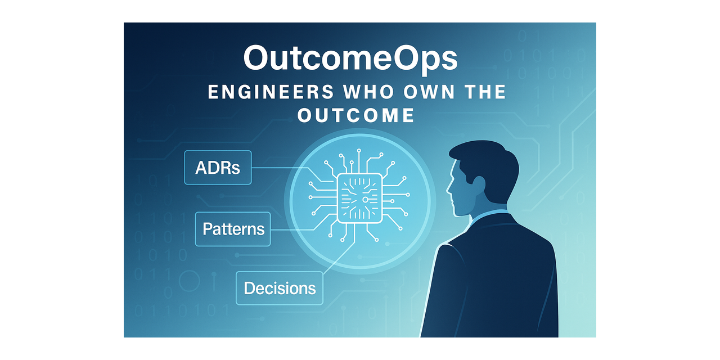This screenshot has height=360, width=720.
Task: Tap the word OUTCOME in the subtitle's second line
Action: (x=356, y=115)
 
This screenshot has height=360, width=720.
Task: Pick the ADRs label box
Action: (x=218, y=168)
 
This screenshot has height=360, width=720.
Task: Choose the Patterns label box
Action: (x=233, y=229)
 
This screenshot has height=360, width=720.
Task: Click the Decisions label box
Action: (x=279, y=288)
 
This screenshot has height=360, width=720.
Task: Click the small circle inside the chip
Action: (x=366, y=200)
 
